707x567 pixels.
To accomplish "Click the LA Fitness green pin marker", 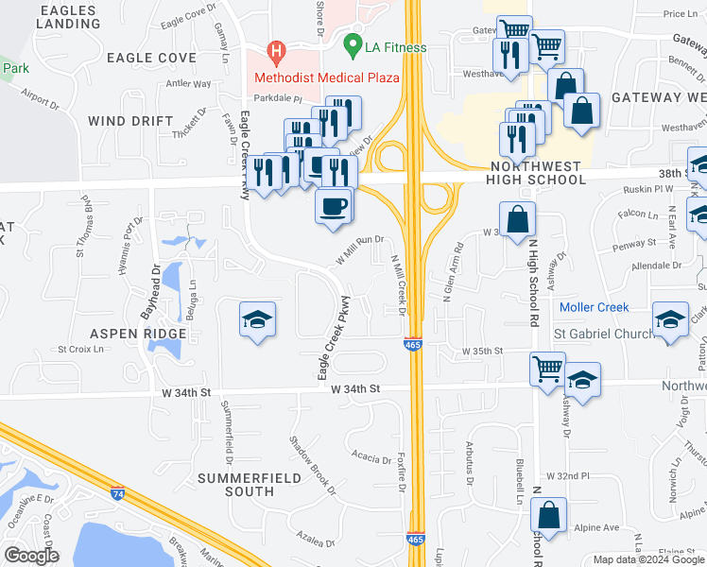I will pos(353,44).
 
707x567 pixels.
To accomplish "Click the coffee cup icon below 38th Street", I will pos(333,206).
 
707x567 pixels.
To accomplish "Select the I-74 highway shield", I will pos(118,492).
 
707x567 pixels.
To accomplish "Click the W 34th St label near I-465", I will pos(355,387).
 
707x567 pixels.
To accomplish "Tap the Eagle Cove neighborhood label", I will pos(151,58).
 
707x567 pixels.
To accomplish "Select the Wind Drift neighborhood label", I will pos(130,121).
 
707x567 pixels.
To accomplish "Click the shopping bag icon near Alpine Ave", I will pos(549,515).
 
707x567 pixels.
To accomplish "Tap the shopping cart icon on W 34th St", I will pos(548,368).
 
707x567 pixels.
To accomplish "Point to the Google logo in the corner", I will pos(31,556).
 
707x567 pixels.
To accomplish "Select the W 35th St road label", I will pos(481,352).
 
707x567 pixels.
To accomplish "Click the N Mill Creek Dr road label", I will pos(397,289).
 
